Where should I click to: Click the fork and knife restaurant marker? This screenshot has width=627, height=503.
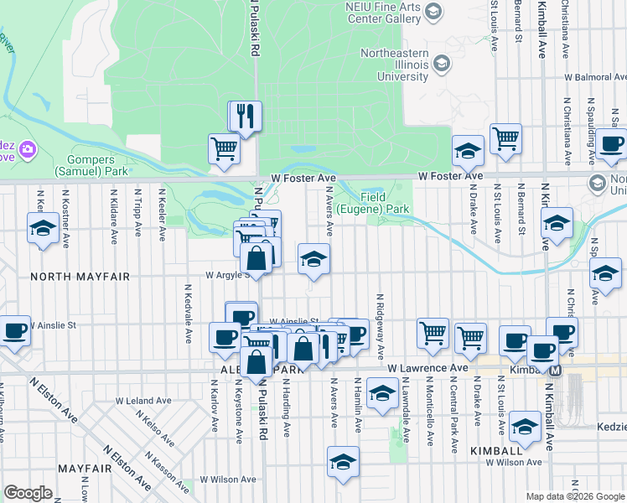coord(246,116)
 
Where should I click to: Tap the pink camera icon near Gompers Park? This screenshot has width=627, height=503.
coord(28,150)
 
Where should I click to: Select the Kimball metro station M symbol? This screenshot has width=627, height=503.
coord(554,369)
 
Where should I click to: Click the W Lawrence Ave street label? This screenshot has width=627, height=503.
coord(427,368)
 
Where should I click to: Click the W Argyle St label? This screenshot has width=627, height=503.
coord(225,275)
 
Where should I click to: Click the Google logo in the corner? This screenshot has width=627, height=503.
coord(28,493)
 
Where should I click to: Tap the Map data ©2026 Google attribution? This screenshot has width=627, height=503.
coord(574,496)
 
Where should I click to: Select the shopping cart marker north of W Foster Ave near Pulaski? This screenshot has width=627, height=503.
coord(224,149)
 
